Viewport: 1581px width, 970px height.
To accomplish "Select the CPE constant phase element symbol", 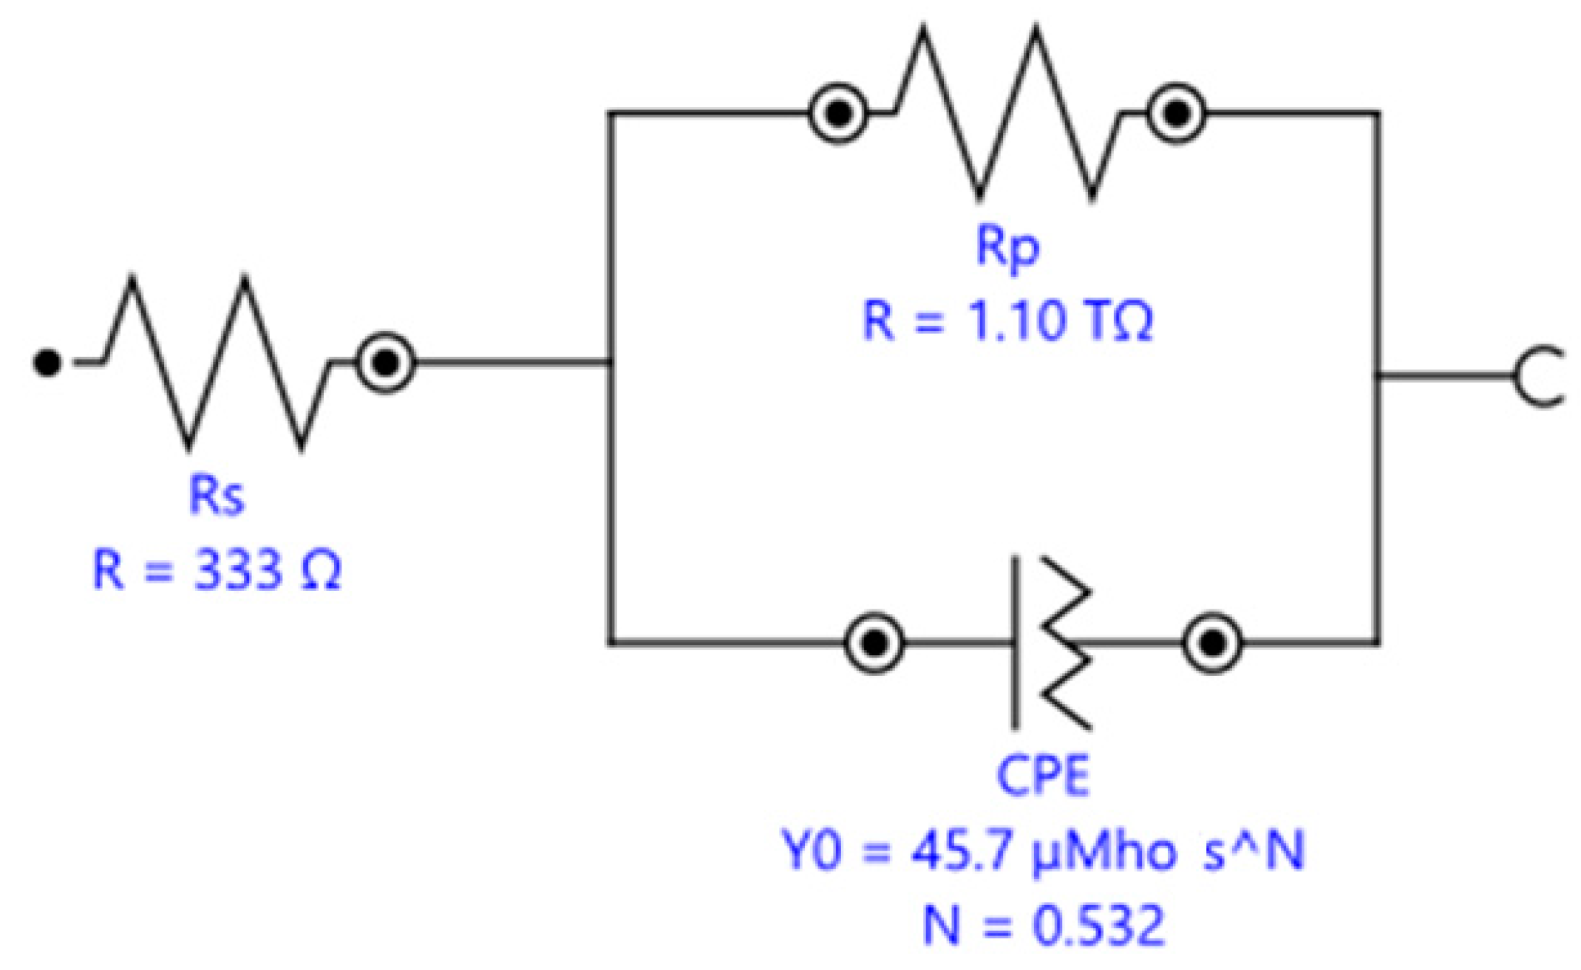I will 1050,642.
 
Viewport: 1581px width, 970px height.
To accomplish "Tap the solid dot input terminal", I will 47,362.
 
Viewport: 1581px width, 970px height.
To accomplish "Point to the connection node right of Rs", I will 384,362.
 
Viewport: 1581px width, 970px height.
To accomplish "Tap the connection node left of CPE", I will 874,642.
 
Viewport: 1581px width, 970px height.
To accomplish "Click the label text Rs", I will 216,495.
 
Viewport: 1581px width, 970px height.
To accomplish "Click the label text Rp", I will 1007,247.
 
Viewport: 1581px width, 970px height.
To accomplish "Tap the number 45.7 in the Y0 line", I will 961,852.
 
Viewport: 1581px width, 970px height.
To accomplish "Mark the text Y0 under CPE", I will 812,852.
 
